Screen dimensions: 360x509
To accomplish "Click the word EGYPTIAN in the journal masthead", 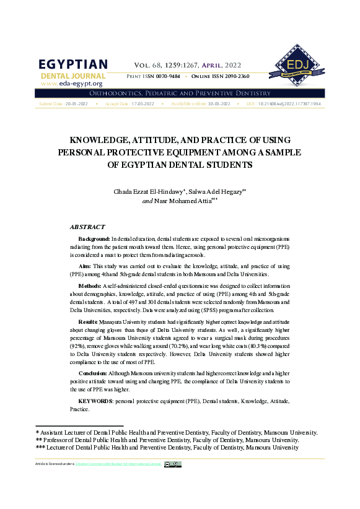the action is point(73,64).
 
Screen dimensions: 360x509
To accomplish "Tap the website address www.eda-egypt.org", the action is point(71,83).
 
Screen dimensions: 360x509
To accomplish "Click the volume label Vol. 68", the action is point(148,64).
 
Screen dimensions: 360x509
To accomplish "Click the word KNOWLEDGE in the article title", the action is point(104,140).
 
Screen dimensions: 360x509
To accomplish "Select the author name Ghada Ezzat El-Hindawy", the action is point(149,192).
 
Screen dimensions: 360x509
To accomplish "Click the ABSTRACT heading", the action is point(87,227).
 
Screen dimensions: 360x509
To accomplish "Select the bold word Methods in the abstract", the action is point(90,286).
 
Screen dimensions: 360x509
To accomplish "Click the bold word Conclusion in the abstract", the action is point(93,374).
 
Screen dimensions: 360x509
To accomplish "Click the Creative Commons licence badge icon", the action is point(172,464).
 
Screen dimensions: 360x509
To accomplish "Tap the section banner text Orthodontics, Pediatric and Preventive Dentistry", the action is point(180,93).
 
